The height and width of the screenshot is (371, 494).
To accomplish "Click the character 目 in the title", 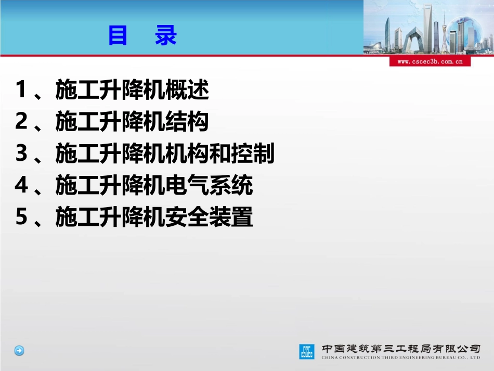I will point(118,36).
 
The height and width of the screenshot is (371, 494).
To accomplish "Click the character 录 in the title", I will point(166,36).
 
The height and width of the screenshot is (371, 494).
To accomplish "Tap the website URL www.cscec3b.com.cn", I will point(430,61).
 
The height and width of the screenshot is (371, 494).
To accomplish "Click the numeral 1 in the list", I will point(21,89).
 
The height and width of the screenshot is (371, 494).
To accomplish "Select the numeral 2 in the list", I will point(21,121).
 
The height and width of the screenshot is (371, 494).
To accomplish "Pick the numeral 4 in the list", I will point(21,185).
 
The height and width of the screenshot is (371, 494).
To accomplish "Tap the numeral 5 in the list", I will point(21,216).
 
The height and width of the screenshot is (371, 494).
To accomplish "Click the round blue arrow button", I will point(19,351).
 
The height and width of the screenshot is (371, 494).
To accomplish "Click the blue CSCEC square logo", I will point(307,352).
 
